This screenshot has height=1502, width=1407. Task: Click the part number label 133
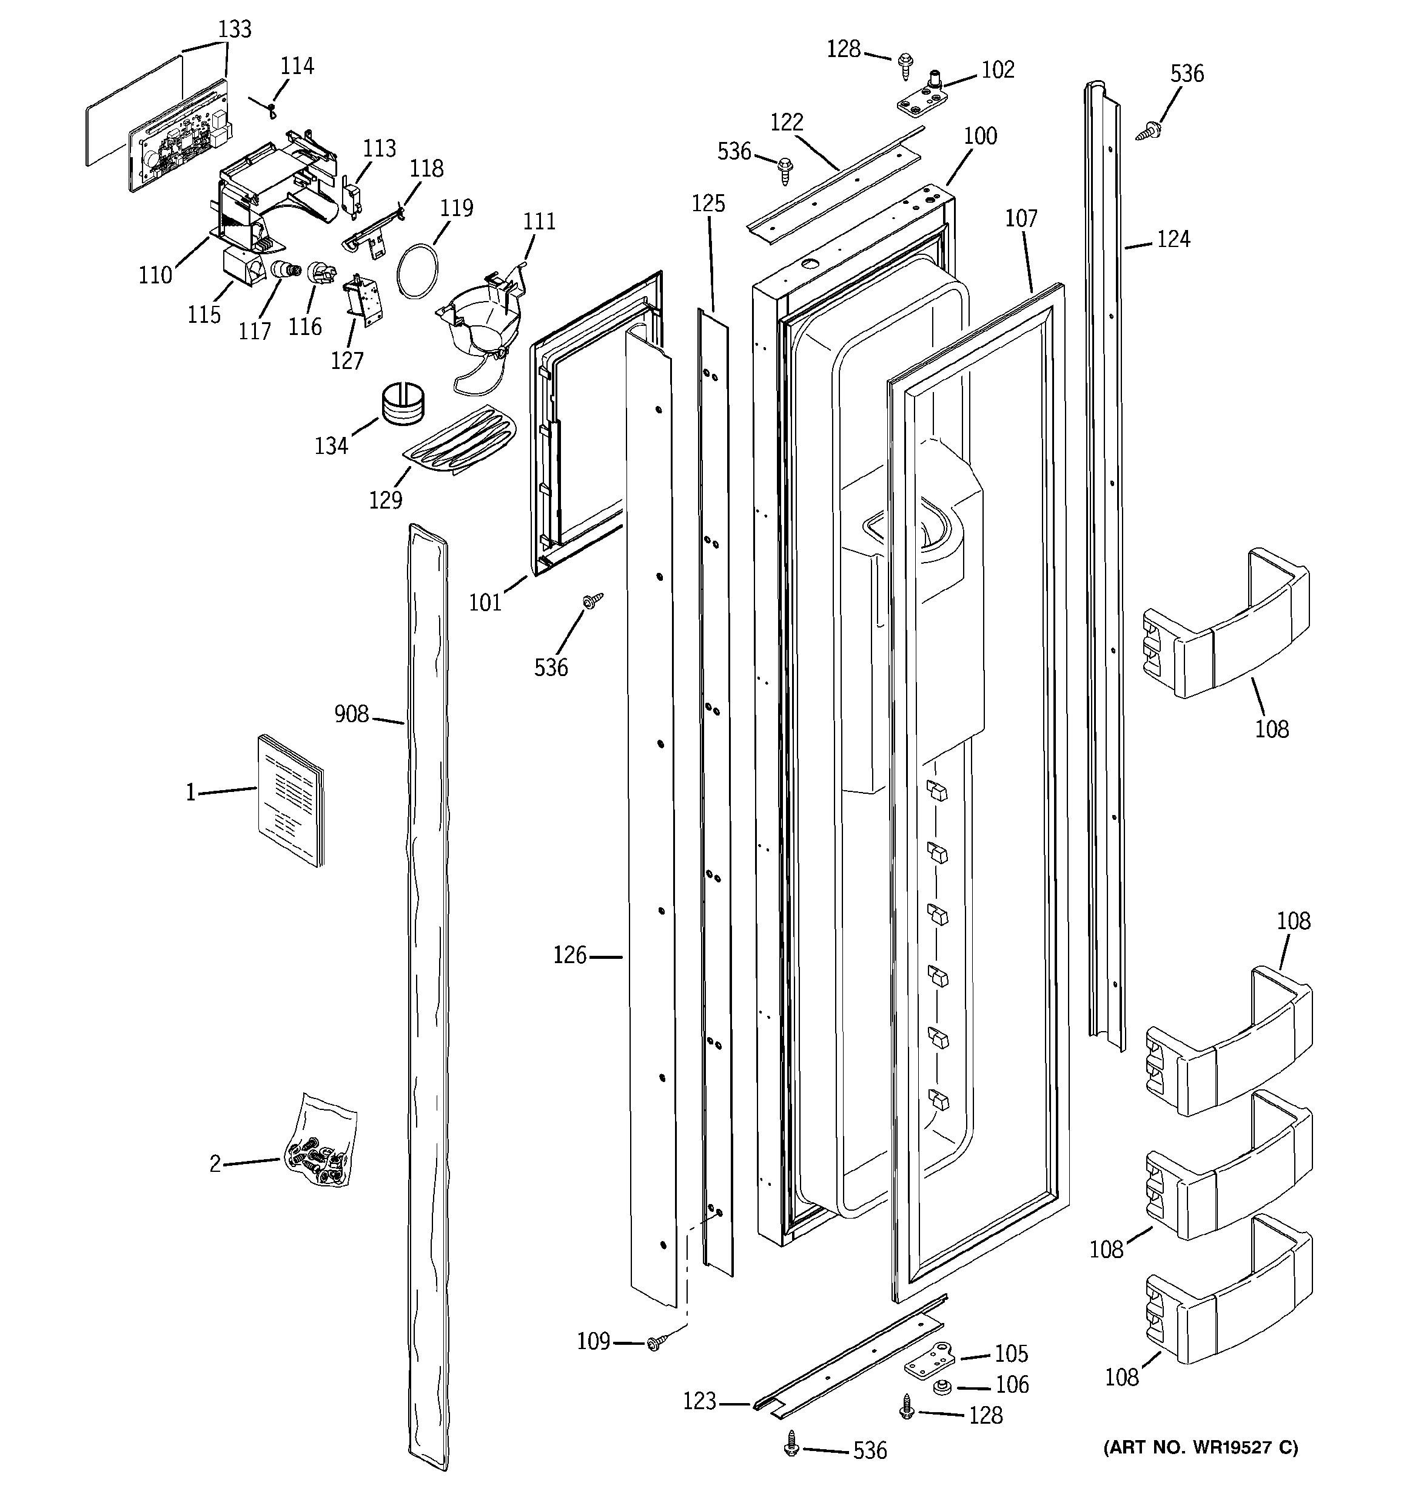pyautogui.click(x=234, y=30)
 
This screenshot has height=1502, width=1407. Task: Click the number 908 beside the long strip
pyautogui.click(x=351, y=714)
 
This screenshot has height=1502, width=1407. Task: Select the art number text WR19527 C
pyautogui.click(x=1201, y=1447)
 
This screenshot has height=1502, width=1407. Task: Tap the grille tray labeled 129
pyautogui.click(x=459, y=441)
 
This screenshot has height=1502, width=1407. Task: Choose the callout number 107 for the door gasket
pyautogui.click(x=1021, y=219)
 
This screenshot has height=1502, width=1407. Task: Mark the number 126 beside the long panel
pyautogui.click(x=569, y=956)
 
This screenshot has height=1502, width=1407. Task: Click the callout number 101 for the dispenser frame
pyautogui.click(x=485, y=602)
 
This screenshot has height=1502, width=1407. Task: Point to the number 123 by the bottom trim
pyautogui.click(x=699, y=1401)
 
